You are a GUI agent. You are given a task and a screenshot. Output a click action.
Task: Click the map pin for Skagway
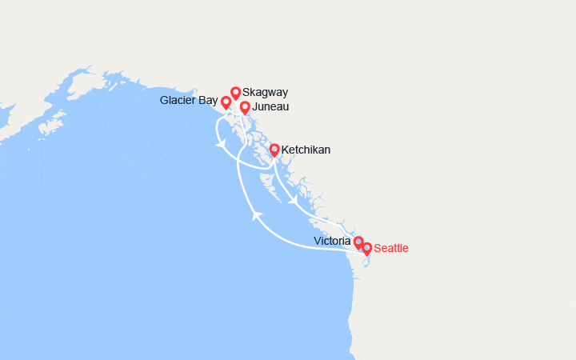(236, 92)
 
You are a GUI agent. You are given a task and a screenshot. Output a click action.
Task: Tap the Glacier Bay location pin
(226, 102)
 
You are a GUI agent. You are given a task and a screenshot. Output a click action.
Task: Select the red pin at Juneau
(245, 106)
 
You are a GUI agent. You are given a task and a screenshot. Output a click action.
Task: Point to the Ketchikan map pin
(274, 149)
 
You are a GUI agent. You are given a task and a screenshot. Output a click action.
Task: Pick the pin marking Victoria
(358, 241)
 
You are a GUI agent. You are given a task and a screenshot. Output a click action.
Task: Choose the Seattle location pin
(367, 248)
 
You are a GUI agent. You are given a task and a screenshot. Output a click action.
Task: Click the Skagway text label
(266, 93)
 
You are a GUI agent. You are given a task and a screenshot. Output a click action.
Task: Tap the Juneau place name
(270, 107)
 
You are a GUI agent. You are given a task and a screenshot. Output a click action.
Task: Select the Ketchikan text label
(306, 150)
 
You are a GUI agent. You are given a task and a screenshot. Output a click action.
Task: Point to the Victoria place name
(332, 241)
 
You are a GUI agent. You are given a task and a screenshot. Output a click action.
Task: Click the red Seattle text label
(391, 249)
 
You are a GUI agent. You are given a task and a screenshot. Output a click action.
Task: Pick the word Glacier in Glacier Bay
(178, 101)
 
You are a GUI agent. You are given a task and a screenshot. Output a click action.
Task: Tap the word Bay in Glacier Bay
(208, 101)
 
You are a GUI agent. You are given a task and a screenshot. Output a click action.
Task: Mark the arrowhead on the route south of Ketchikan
(292, 198)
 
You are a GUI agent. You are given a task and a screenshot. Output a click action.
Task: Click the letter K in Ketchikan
(285, 150)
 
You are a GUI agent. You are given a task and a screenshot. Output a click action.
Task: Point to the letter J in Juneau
(254, 107)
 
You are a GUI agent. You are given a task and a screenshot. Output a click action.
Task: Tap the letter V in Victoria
(317, 241)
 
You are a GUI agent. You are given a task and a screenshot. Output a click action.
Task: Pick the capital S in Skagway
(246, 93)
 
